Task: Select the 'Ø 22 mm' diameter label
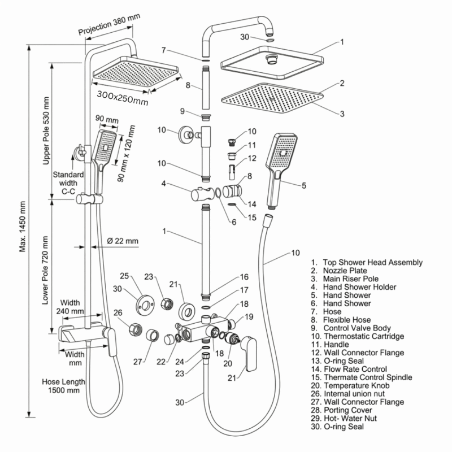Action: point(122,241)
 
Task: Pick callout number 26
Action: point(118,312)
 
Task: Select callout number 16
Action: point(244,277)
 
